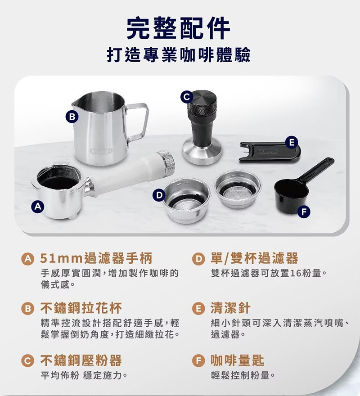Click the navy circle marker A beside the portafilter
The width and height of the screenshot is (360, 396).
tap(38, 207)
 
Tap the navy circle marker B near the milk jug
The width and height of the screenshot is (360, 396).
tap(72, 117)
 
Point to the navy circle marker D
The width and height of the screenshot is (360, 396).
tap(159, 195)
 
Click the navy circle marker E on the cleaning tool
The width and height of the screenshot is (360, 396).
tap(292, 143)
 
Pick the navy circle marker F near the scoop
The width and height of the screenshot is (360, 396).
tap(304, 211)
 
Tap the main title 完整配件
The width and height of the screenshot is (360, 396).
tap(178, 28)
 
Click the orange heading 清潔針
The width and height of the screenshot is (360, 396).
tap(230, 308)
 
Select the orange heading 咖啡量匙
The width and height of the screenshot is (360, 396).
tap(238, 360)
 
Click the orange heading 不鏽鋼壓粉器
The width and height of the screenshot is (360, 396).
tap(81, 360)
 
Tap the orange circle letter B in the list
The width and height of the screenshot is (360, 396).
tap(27, 308)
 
